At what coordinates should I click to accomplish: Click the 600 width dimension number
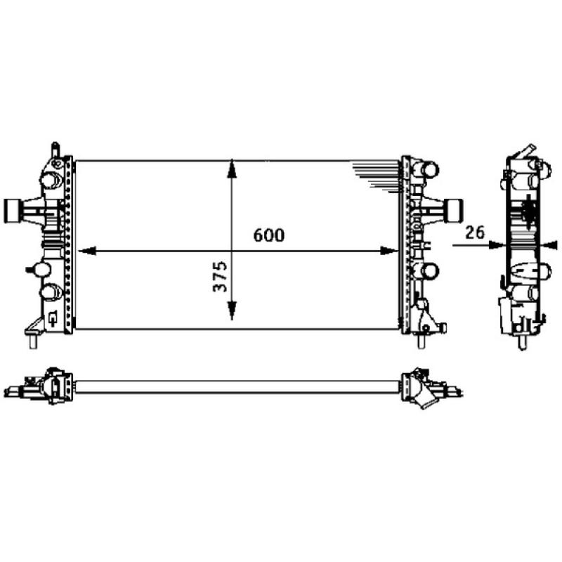(270, 235)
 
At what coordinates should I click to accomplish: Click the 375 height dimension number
(220, 277)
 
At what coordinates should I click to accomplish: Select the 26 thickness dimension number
(475, 232)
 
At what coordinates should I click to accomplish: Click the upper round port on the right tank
(427, 170)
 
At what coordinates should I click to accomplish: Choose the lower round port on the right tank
(427, 271)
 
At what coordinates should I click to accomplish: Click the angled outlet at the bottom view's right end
(426, 400)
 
